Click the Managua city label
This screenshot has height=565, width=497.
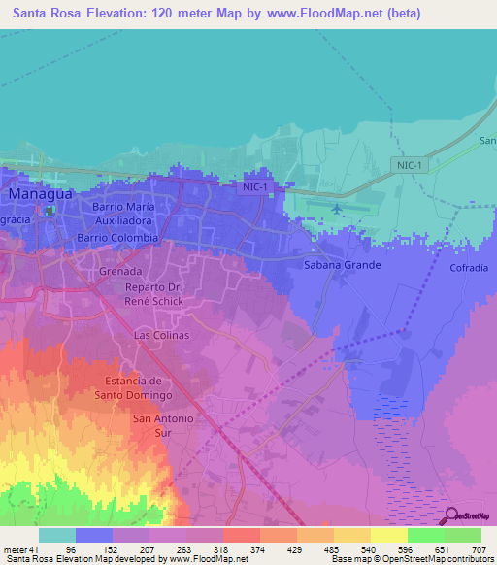[42, 194]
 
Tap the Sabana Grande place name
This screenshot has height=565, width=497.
[343, 265]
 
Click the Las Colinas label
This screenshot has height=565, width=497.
[161, 335]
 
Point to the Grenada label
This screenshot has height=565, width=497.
[121, 272]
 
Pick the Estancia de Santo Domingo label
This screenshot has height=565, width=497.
[133, 388]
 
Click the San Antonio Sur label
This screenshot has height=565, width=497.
[162, 425]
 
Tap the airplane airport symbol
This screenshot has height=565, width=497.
[337, 208]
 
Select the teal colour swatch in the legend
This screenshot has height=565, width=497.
[57, 535]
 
